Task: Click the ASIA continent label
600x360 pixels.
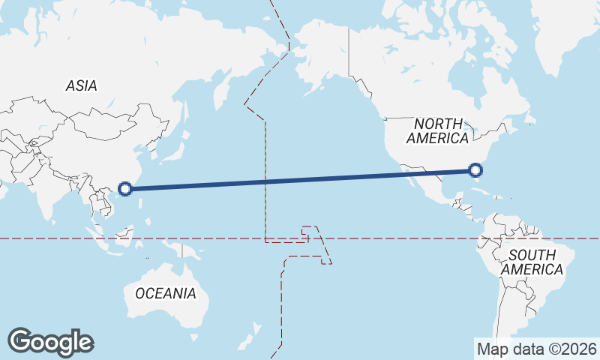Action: [x=81, y=85]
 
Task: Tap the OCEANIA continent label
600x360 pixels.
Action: [x=166, y=293]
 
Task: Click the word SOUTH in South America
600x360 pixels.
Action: [x=532, y=255]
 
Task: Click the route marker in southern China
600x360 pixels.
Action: [x=126, y=189]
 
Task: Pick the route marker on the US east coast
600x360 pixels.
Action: [x=475, y=171]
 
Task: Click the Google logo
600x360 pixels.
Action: [x=50, y=342]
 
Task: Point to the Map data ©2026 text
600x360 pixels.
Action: [x=536, y=349]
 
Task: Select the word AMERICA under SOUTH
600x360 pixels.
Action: [x=532, y=269]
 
